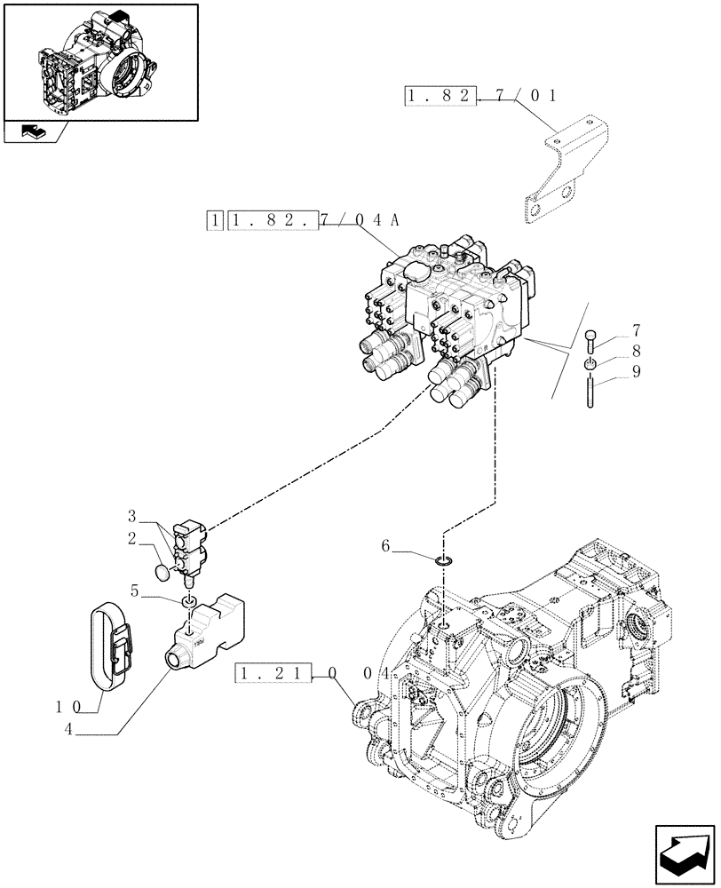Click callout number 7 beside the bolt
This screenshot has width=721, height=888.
coord(635,331)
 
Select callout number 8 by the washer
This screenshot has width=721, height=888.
coord(635,353)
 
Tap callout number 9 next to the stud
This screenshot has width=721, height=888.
coord(635,374)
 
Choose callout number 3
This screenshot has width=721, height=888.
coord(131,516)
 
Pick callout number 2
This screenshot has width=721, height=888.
coord(131,538)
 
